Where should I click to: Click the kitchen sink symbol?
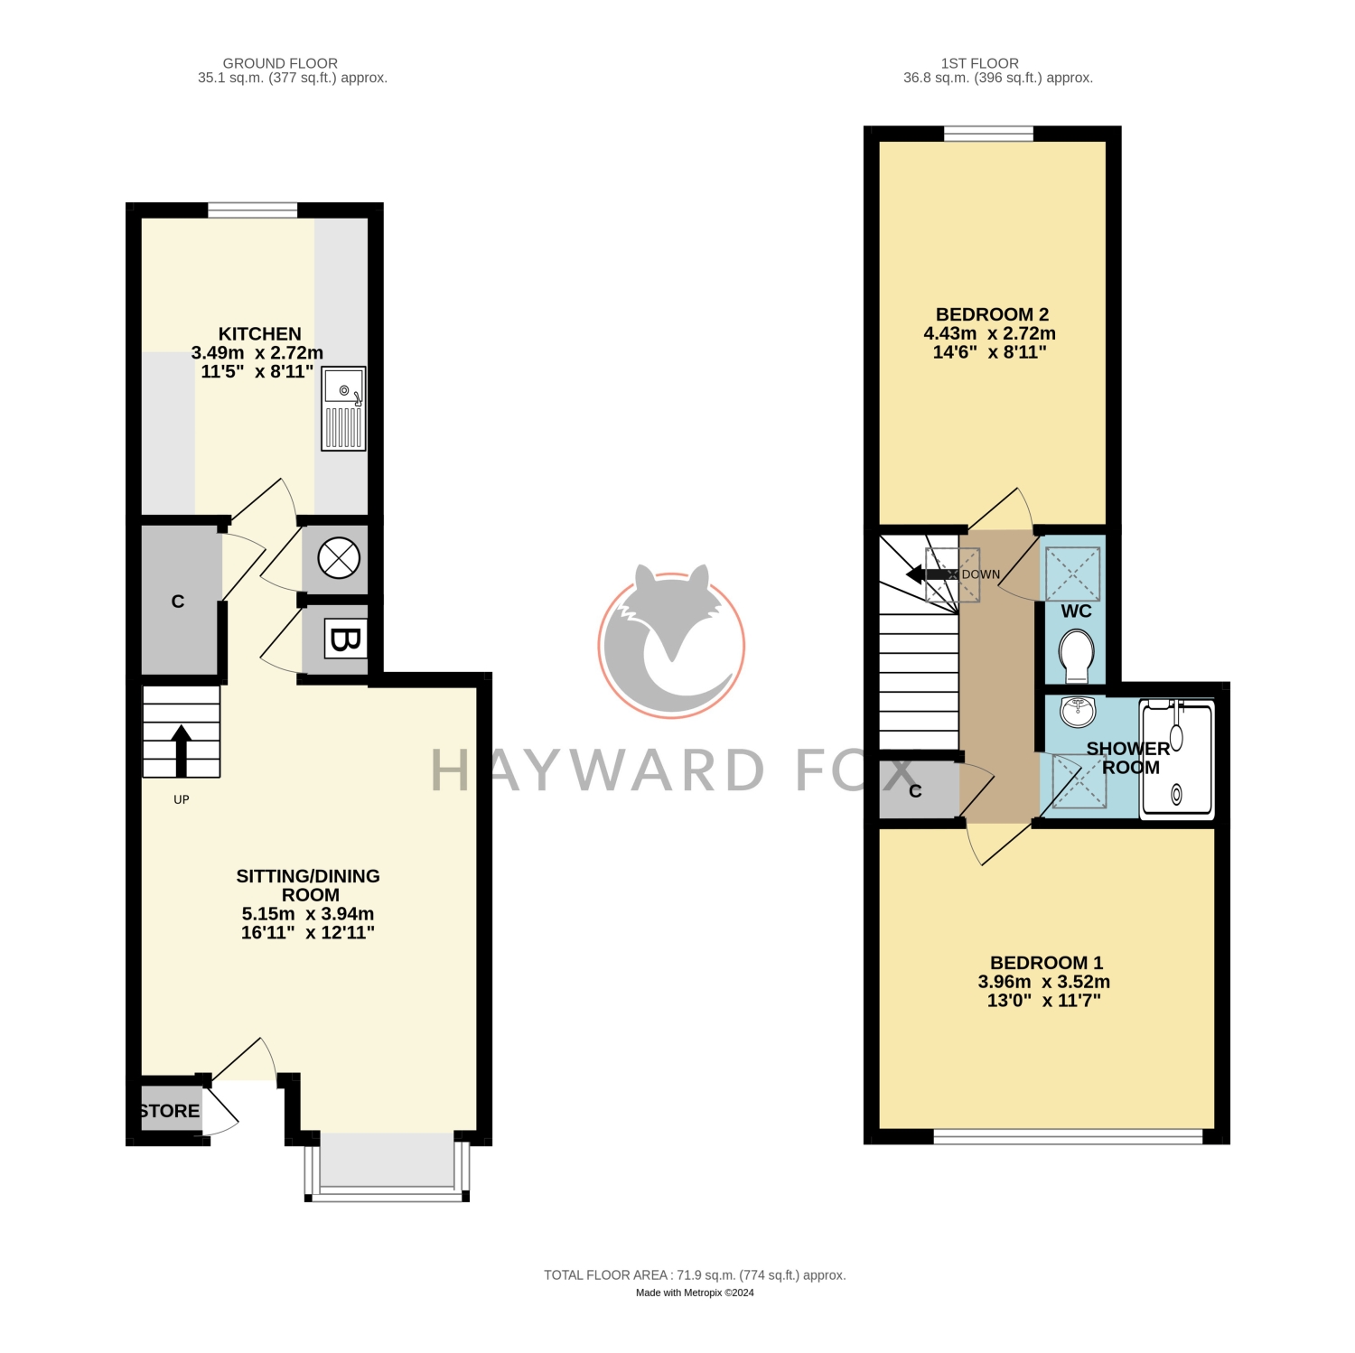tap(344, 408)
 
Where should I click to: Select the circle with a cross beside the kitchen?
tap(339, 558)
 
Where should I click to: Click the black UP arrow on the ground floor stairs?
tap(182, 751)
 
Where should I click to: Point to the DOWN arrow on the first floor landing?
tap(931, 574)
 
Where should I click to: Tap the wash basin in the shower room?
tap(1078, 712)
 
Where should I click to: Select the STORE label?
tap(170, 1111)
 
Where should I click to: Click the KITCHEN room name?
tap(260, 334)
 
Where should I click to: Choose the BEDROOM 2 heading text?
tap(992, 314)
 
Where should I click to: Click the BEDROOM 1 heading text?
tap(1046, 963)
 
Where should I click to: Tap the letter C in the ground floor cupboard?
tap(178, 602)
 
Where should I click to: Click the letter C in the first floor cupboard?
tap(915, 791)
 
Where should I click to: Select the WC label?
tap(1076, 611)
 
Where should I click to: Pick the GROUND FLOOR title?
tap(280, 63)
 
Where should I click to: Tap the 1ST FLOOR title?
tap(980, 63)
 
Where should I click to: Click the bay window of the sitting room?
tap(387, 1166)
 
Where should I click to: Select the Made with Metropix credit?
tap(695, 1292)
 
